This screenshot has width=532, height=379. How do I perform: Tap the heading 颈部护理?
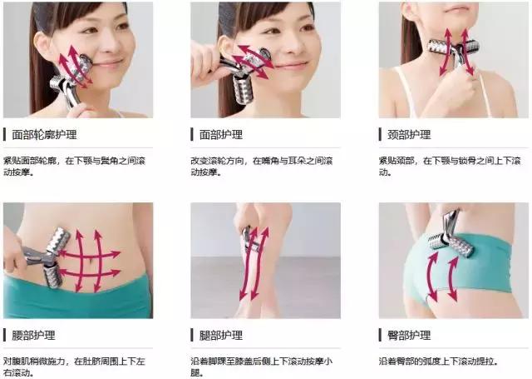point(410,134)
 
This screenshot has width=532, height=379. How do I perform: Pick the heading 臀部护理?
point(410,336)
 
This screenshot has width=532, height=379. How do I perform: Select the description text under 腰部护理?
point(75,367)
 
